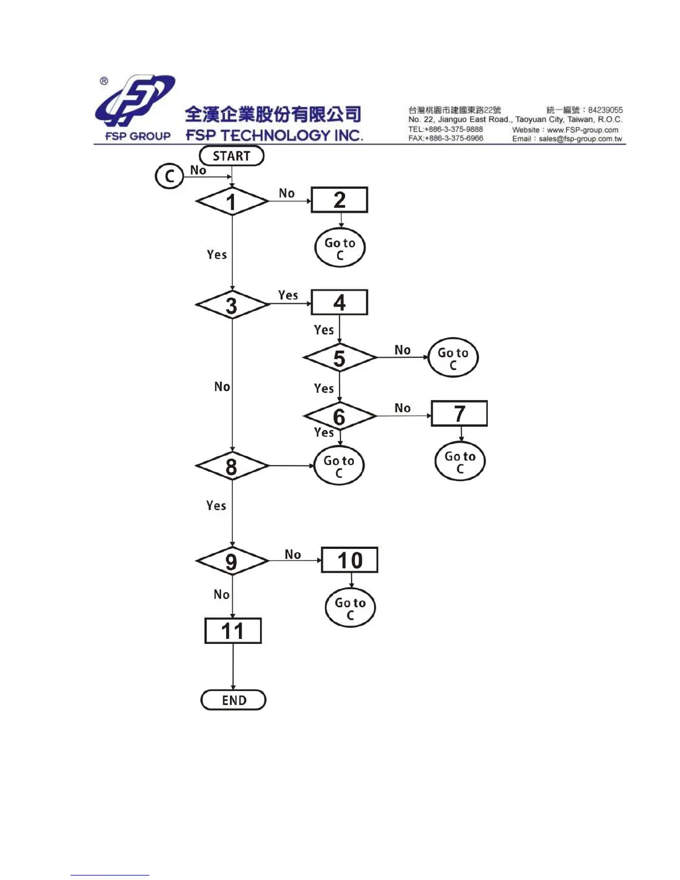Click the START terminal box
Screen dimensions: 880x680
[x=232, y=156]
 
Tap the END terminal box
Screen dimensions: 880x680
[x=233, y=700]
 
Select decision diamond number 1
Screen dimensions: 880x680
[x=232, y=201]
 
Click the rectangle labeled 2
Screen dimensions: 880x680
[x=339, y=200]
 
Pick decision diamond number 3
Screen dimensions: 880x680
[x=232, y=305]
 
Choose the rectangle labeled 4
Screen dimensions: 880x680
[x=339, y=302]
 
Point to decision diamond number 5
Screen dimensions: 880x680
[x=339, y=358]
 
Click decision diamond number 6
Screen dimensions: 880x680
[x=339, y=416]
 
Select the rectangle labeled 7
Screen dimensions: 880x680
[x=459, y=413]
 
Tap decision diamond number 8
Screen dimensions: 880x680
[x=232, y=466]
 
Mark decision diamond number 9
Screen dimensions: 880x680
[x=232, y=561]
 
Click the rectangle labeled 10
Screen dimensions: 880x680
[x=349, y=560]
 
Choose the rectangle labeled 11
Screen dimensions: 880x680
[x=233, y=631]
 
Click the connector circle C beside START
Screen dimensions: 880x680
[x=169, y=176]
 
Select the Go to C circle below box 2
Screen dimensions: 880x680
[x=340, y=248]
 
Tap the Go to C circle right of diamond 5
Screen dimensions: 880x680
[x=453, y=358]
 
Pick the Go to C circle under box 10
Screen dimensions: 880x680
[x=350, y=608]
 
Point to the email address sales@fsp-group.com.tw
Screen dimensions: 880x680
[x=580, y=139]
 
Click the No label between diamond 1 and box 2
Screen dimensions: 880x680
[x=287, y=193]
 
